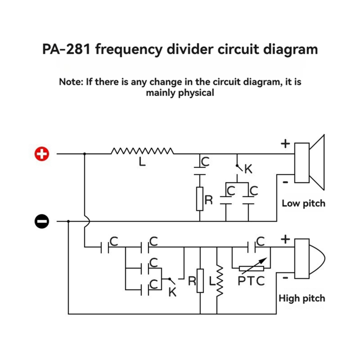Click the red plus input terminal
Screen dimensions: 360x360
[x=41, y=154]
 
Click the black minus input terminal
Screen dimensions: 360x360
[x=41, y=221]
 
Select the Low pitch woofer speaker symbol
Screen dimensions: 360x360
[x=309, y=163]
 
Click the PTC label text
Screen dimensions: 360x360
[x=251, y=281]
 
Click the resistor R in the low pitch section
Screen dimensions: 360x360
[x=200, y=199]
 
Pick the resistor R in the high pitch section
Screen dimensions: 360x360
[x=200, y=280]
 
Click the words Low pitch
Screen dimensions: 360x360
[x=303, y=203]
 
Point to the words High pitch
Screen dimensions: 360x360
[x=302, y=299]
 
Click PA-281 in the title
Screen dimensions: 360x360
[x=67, y=49]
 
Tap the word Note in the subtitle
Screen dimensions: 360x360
[x=71, y=82]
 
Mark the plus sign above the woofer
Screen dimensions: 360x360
[x=285, y=144]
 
